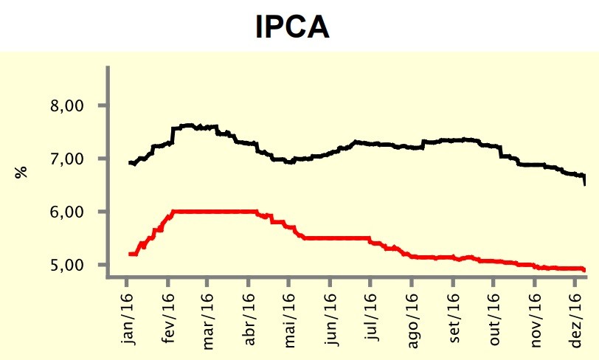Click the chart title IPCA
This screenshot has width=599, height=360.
click(x=293, y=27)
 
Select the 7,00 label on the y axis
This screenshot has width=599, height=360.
click(x=67, y=159)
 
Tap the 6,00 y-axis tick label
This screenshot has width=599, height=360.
click(x=67, y=212)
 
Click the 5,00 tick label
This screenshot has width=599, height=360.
click(x=67, y=265)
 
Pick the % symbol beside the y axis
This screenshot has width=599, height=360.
click(x=22, y=171)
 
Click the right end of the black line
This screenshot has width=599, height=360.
click(x=584, y=183)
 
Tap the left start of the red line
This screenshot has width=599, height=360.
click(x=130, y=254)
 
